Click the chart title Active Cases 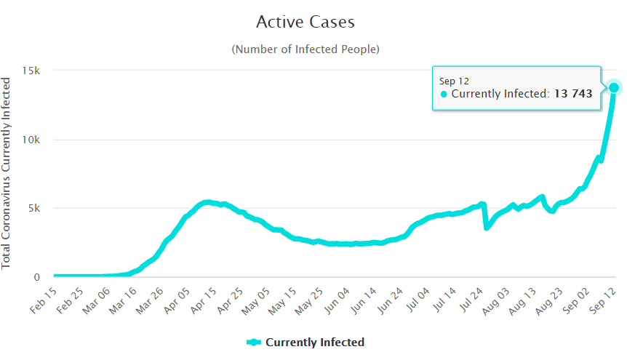(305, 22)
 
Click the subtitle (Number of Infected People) (305, 49)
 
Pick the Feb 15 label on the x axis (43, 299)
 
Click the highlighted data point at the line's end (614, 87)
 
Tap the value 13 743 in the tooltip (572, 94)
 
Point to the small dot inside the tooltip (444, 94)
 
